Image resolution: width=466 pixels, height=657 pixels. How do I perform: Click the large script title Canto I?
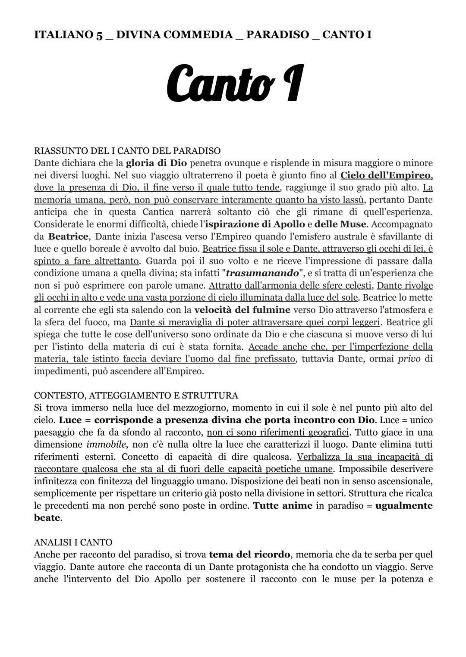pyautogui.click(x=235, y=83)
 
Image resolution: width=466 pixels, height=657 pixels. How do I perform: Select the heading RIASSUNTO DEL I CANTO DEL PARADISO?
pyautogui.click(x=127, y=151)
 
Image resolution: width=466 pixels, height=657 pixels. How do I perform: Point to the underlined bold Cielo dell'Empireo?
pyautogui.click(x=386, y=175)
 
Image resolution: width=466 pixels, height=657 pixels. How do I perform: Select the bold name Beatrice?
pyautogui.click(x=68, y=237)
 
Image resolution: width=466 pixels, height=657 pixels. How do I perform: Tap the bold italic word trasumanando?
pyautogui.click(x=262, y=273)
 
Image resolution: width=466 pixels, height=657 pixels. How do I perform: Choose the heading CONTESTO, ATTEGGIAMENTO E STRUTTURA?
pyautogui.click(x=136, y=395)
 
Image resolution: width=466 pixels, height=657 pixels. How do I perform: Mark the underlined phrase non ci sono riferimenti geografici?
pyautogui.click(x=278, y=432)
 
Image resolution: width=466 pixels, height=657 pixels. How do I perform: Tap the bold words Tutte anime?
pyautogui.click(x=282, y=505)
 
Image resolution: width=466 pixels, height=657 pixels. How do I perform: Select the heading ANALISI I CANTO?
pyautogui.click(x=73, y=542)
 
